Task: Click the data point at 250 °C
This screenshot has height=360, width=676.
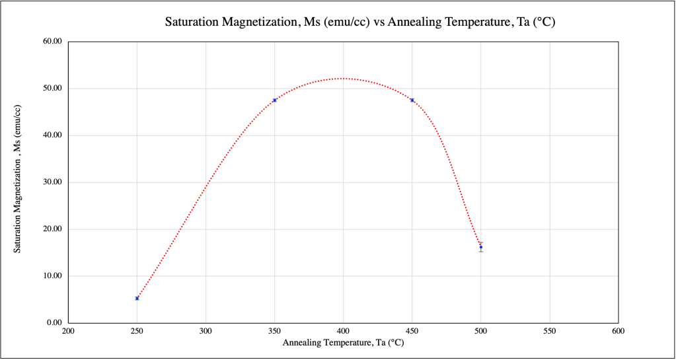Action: [137, 299]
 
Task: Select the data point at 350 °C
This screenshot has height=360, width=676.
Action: [274, 100]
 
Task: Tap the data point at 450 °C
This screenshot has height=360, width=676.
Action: [412, 100]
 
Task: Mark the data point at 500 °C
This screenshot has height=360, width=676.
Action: [481, 247]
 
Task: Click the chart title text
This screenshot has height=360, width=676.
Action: [359, 22]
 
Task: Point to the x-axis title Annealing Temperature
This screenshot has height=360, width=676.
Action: [343, 343]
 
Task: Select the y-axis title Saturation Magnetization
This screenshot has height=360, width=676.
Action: [18, 179]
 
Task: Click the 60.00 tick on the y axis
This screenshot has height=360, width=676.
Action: [52, 42]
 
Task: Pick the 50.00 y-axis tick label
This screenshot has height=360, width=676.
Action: [52, 89]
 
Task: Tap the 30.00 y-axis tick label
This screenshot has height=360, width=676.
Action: [52, 182]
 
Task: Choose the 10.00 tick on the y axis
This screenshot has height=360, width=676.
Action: [52, 276]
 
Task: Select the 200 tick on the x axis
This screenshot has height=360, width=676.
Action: [67, 332]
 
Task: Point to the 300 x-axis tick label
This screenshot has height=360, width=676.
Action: [206, 332]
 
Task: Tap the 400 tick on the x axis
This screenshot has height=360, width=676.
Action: [343, 332]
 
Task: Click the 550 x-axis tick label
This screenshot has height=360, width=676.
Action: [550, 332]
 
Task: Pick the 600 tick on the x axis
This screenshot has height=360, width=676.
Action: [619, 332]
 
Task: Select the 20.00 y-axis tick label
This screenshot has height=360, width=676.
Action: [52, 229]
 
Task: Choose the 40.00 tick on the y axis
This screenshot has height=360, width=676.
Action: [52, 135]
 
